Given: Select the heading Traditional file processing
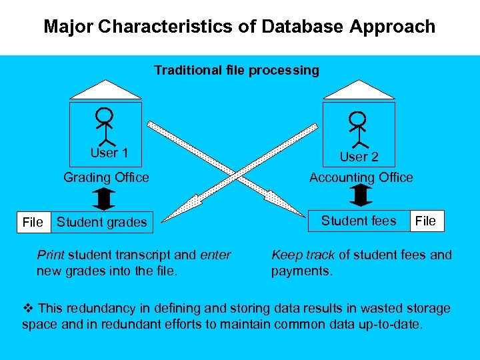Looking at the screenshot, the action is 237,70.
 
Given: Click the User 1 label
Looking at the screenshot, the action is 109,153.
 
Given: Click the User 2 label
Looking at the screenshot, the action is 359,157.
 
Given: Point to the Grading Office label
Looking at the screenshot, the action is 106,177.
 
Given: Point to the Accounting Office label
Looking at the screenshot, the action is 361,177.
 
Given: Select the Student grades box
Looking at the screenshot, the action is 101,222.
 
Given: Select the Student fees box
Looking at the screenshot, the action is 359,221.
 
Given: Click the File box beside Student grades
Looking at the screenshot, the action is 32,222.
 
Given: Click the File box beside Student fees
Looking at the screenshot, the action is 425,221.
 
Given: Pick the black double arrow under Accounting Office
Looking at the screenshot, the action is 361,196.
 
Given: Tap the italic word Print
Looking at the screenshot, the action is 51,255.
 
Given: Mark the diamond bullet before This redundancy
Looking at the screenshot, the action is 27,308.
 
